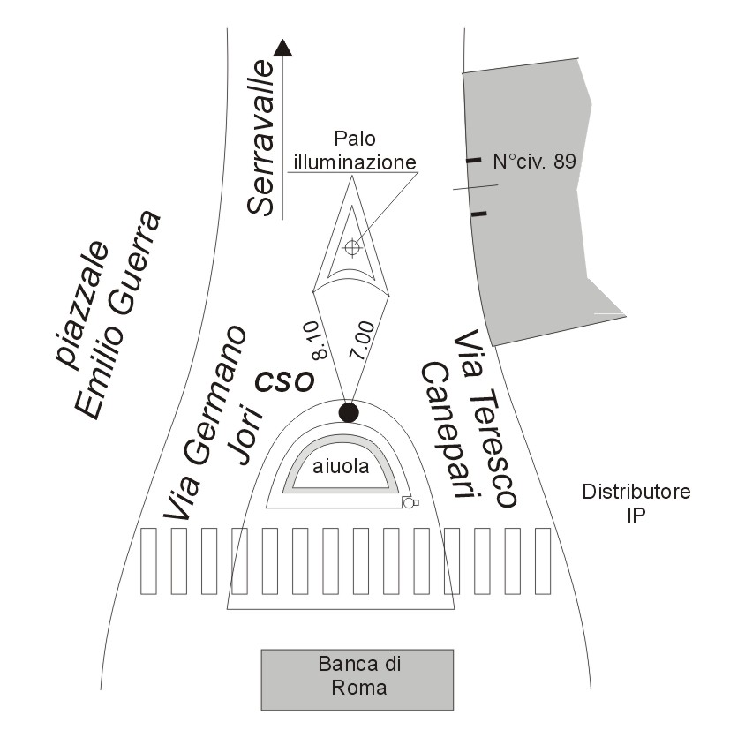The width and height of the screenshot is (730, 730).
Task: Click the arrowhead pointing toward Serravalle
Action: pos(282,48)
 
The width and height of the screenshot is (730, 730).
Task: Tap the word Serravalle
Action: pos(260,138)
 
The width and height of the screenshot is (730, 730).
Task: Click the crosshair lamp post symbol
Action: pos(352,247)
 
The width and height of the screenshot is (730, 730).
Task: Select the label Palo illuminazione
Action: pos(355,150)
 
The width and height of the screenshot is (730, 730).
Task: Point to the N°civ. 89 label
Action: pos(534,162)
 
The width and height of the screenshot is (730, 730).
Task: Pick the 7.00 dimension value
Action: pos(362,339)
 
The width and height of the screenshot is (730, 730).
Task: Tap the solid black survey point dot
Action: pos(349,412)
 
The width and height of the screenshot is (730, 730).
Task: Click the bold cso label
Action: pos(284,380)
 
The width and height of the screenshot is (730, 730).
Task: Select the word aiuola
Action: pos(341,466)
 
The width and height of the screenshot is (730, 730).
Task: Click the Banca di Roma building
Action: pos(357,680)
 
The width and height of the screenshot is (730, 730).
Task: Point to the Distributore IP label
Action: pos(636,503)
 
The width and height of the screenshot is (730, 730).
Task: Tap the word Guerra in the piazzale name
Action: pos(138,262)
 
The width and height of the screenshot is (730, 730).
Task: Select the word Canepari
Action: pos(446,430)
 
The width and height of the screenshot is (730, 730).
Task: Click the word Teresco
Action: pos(485,418)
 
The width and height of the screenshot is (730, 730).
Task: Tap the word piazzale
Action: pos(83,304)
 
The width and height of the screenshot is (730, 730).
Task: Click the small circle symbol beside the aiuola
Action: pos(409,502)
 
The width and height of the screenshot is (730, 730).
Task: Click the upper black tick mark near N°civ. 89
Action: pos(474,160)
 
